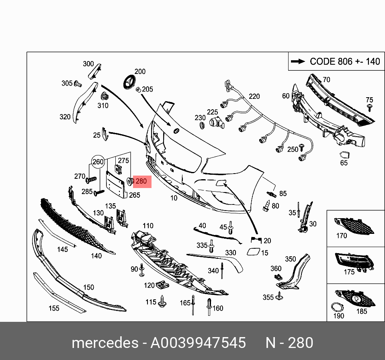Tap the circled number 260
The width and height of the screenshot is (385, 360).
click(98, 162)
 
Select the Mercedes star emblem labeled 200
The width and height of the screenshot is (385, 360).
click(129, 82)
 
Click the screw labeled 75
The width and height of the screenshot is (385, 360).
click(369, 107)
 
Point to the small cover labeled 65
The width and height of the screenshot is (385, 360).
click(344, 155)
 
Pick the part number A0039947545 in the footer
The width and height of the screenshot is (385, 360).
click(198, 343)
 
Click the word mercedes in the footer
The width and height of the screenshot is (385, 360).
click(104, 343)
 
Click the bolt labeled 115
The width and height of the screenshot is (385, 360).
click(163, 301)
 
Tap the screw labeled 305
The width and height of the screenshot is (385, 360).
click(78, 84)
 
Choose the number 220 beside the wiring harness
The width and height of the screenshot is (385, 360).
click(254, 96)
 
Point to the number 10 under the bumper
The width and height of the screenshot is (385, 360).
click(174, 198)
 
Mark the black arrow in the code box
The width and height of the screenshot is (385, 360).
click(298, 61)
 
